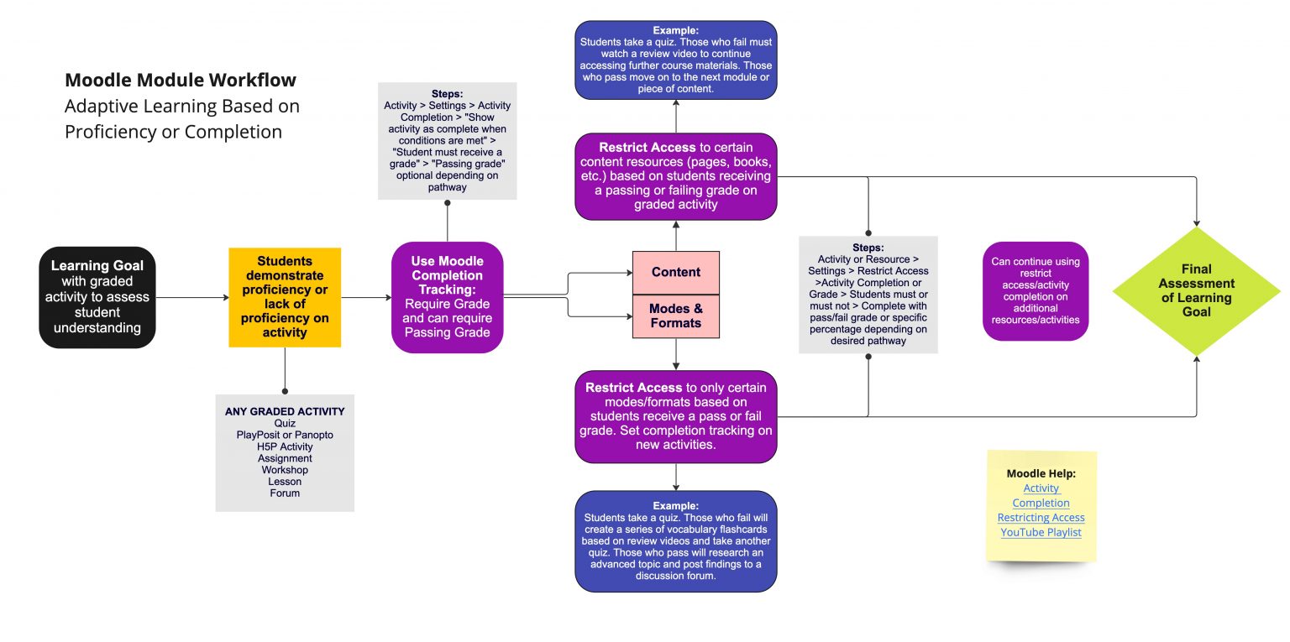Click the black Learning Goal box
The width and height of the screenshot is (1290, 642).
pos(97,297)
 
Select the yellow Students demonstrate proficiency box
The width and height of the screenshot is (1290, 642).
pos(285,297)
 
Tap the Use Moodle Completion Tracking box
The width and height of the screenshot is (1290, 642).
pos(447,297)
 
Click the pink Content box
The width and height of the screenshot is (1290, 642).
pos(675,272)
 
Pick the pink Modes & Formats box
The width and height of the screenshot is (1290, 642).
pos(675,316)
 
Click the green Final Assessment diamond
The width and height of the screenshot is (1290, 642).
pos(1196,290)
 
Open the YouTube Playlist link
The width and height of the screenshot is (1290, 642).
pos(1041,532)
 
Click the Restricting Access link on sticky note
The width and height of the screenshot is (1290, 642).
pos(1041,518)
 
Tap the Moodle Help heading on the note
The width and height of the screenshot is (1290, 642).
pos(1041,473)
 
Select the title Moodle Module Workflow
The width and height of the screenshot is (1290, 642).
pos(180,81)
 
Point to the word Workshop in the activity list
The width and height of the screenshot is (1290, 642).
pos(285,470)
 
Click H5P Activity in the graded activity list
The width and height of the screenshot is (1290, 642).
pos(285,446)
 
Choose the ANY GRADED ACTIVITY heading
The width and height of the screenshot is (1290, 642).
pos(285,411)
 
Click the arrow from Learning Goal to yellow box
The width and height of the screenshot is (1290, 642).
pos(192,297)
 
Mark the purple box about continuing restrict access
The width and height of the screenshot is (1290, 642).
pos(1035,290)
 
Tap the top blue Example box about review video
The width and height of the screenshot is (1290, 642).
pos(675,60)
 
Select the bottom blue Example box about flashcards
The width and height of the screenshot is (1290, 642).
pos(675,541)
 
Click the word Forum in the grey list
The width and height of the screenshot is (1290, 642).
pos(285,493)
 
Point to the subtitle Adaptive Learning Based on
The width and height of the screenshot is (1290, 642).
pos(181,107)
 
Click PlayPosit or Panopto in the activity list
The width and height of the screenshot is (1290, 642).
pos(285,435)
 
